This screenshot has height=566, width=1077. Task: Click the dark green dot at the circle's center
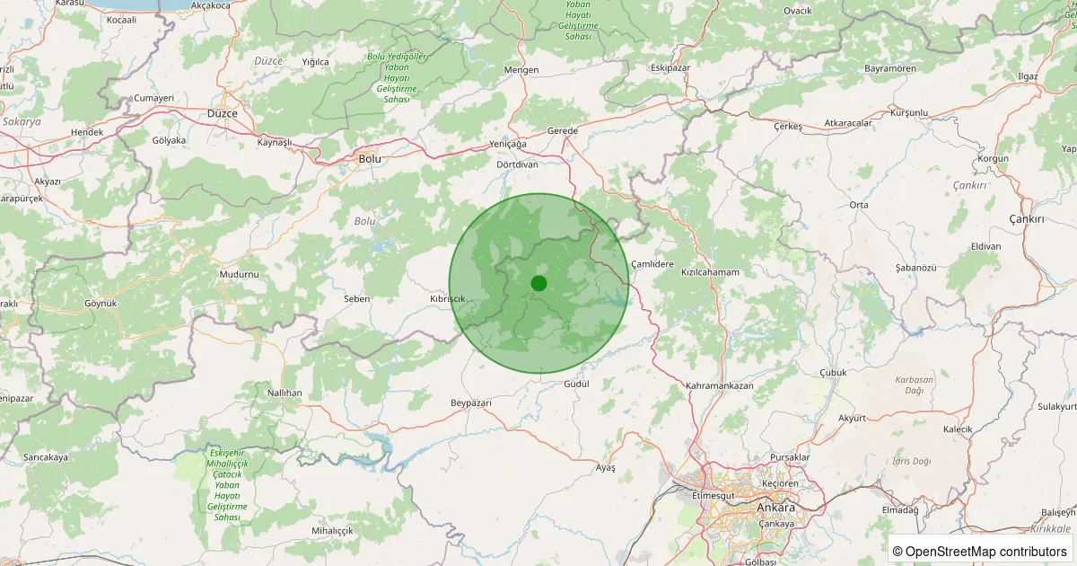tap(538, 283)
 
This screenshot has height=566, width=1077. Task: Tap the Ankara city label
tap(775, 507)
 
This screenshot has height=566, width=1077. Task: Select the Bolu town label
tap(370, 158)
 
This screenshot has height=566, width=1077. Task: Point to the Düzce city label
tap(222, 114)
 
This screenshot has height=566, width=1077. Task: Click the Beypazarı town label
tap(471, 403)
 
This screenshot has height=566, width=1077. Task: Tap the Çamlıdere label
tap(652, 263)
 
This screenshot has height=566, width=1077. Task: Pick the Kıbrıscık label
tap(448, 297)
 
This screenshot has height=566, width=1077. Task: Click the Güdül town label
tap(574, 384)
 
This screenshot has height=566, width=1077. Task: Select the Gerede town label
tap(563, 130)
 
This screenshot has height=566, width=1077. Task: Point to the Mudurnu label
tap(239, 273)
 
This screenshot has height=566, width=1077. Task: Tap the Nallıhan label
tap(285, 394)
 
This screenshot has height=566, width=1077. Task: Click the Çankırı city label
tap(1028, 219)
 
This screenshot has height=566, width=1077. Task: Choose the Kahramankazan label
tap(719, 385)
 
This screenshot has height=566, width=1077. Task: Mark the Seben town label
tap(356, 298)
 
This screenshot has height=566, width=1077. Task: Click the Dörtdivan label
tap(517, 164)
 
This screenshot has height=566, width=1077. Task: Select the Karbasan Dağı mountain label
tap(915, 385)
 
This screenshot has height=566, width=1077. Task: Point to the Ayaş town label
tap(606, 468)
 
